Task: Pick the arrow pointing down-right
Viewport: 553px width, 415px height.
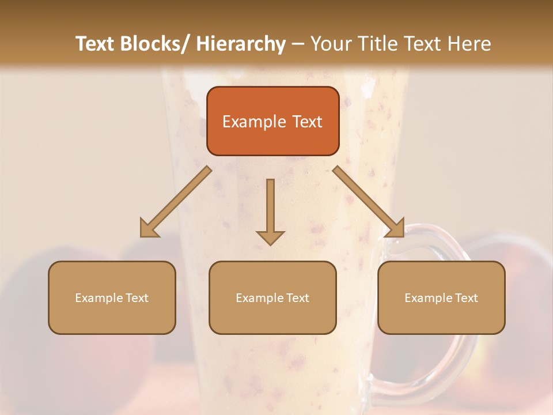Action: tap(369, 202)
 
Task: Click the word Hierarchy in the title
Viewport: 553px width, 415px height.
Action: tap(240, 44)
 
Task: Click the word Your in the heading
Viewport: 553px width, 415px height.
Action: tap(331, 44)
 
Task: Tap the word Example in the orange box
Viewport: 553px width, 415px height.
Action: tap(253, 122)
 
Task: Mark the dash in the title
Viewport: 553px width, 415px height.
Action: tap(298, 44)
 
